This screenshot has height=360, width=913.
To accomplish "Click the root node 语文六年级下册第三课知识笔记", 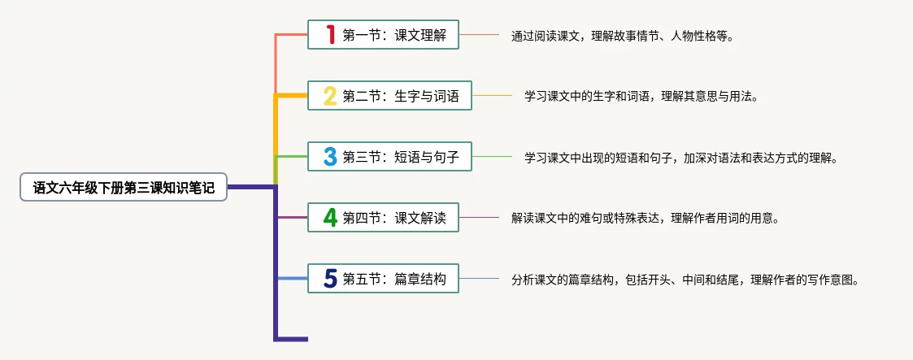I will (x=124, y=188).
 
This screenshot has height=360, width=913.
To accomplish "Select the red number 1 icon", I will (x=330, y=35).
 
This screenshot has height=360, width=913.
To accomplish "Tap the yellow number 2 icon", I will (x=330, y=97).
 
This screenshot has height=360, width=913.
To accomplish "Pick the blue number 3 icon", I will (x=330, y=157).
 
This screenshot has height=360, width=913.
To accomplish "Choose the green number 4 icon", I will (x=330, y=218).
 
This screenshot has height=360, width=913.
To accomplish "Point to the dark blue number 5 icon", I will (x=330, y=280).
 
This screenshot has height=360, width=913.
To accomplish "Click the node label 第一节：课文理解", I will (x=394, y=35).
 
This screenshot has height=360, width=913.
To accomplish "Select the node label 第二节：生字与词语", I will (x=401, y=97).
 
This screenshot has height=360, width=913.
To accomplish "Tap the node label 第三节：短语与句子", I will (x=401, y=157).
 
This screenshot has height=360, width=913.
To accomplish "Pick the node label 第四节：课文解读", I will (x=394, y=218).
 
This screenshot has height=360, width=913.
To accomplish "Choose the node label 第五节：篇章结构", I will (x=394, y=280).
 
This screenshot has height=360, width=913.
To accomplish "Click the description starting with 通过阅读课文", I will (x=622, y=36).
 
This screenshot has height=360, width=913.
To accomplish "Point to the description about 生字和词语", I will (x=641, y=97).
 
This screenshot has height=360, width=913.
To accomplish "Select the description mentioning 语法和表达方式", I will (x=680, y=158).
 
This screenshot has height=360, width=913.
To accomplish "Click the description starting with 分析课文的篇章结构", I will (x=685, y=280).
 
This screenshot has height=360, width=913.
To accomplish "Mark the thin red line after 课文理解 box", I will (x=480, y=35).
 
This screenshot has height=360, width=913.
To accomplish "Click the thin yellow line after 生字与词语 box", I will (x=493, y=96).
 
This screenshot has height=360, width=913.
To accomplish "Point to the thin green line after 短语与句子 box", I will (x=493, y=157).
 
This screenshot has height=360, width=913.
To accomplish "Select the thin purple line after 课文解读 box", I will (x=480, y=218).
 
